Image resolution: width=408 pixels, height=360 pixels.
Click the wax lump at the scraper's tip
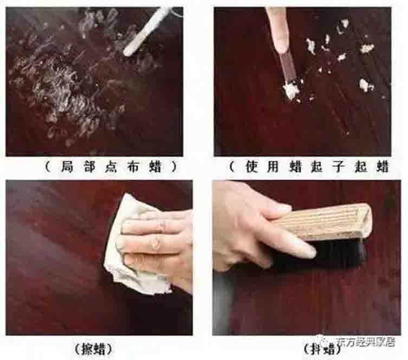(x=291, y=90)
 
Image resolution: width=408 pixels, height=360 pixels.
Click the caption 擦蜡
(x=93, y=349)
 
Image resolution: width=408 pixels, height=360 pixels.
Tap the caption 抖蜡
(x=322, y=349)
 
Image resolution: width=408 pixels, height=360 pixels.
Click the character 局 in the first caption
(x=67, y=167)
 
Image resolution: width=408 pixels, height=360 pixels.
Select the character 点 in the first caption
(x=111, y=167)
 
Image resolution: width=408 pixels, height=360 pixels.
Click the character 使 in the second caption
(x=251, y=167)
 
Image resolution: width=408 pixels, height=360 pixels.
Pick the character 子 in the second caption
(x=339, y=167)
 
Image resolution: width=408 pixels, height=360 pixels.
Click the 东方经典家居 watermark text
(x=366, y=342)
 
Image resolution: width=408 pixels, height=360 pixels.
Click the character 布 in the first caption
(x=133, y=167)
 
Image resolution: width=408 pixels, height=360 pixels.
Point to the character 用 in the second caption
(x=273, y=167)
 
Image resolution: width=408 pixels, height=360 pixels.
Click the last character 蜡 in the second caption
(x=383, y=167)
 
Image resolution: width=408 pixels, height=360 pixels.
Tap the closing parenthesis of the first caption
(x=175, y=167)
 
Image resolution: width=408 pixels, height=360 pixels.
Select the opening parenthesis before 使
(x=231, y=167)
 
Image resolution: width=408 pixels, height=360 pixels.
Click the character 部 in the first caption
(x=89, y=167)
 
